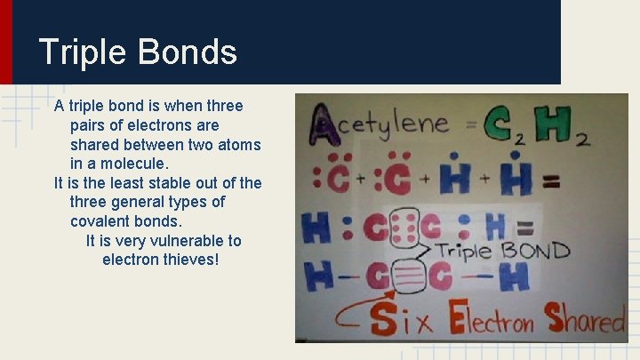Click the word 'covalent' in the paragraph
coord(100,221)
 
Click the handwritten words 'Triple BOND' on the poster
coord(502,250)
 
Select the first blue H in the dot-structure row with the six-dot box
coord(317,228)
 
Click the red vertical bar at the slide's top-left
coord(6,42)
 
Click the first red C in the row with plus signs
coord(337,177)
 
